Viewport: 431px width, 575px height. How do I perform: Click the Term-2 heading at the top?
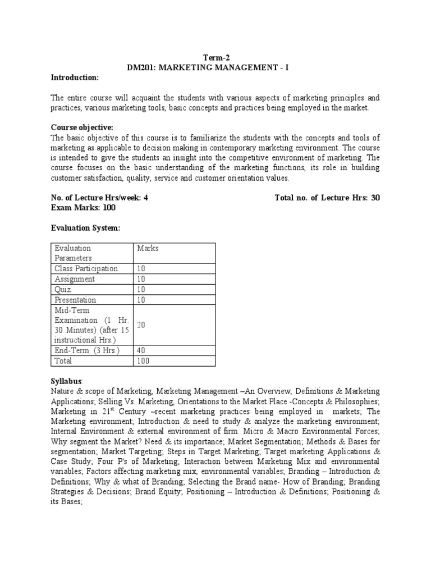tap(215, 57)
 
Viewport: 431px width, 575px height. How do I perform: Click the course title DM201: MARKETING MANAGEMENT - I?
tap(215, 67)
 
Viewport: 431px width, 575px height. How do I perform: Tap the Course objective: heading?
tap(82, 127)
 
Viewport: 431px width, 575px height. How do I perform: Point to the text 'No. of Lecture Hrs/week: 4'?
tap(99, 198)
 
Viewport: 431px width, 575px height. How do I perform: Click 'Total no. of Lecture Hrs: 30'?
tap(327, 198)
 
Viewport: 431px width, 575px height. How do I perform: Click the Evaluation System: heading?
tap(86, 228)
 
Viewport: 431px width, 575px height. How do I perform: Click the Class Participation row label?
tap(86, 268)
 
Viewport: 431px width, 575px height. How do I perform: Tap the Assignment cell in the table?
tap(75, 279)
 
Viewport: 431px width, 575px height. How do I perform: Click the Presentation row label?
tap(75, 300)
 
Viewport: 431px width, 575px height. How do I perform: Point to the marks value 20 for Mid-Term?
tap(142, 325)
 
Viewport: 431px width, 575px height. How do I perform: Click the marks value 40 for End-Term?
tap(142, 351)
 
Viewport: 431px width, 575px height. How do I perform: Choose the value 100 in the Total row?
tap(144, 361)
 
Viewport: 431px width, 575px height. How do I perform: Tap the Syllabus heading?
tap(67, 381)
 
